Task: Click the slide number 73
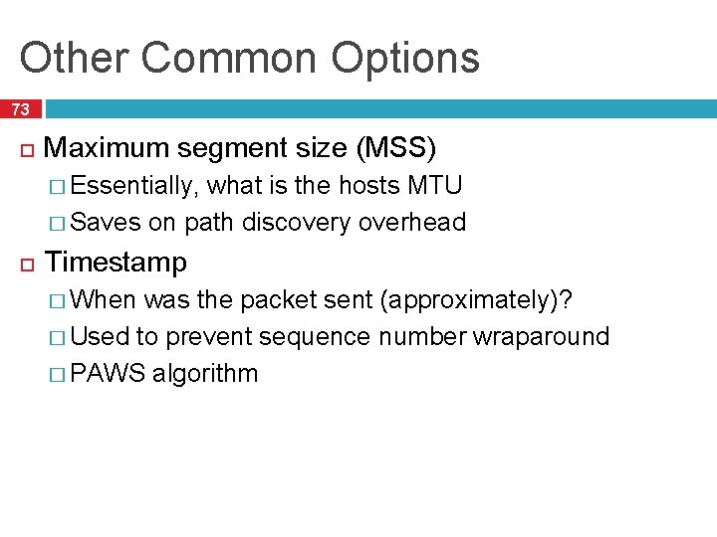(x=21, y=109)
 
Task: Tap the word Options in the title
(x=405, y=58)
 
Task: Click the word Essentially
(x=135, y=186)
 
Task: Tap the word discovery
(x=296, y=222)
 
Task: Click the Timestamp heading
(x=117, y=263)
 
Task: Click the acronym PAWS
(x=109, y=374)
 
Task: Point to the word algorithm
(x=205, y=374)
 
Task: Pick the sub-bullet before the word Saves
(x=59, y=223)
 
